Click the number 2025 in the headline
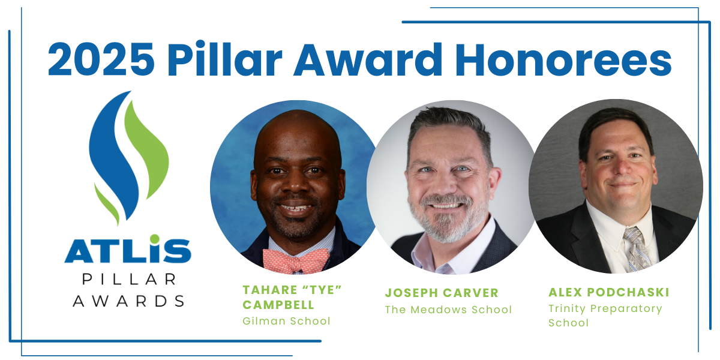(x=101, y=60)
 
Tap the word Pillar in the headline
(x=224, y=59)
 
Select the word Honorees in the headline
(x=563, y=60)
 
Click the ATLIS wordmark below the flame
(x=128, y=249)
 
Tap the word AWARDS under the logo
(x=128, y=301)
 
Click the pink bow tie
(x=296, y=261)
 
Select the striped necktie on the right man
(x=637, y=248)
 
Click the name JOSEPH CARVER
(x=442, y=293)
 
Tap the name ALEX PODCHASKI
(x=609, y=292)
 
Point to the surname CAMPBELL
(x=278, y=305)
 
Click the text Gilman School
(x=286, y=321)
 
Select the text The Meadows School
(x=448, y=310)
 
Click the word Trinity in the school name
(x=567, y=309)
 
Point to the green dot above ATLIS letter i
(x=155, y=239)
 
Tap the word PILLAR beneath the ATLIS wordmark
(x=129, y=279)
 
